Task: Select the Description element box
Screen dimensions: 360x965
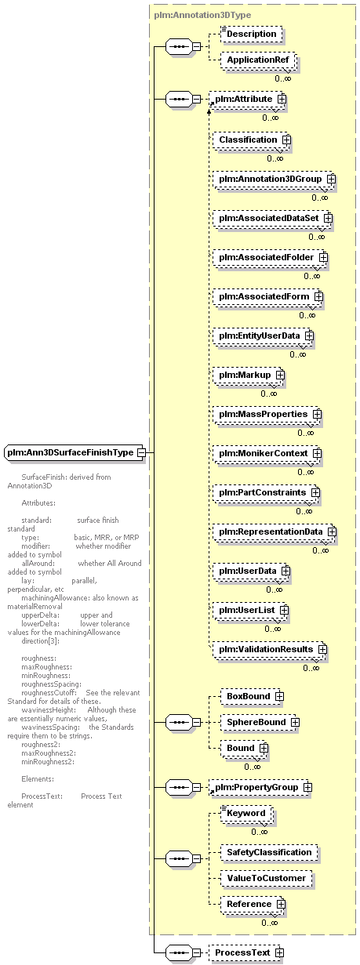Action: tap(252, 34)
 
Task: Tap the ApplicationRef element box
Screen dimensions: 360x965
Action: tap(258, 60)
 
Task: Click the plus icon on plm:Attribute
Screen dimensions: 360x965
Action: tap(282, 99)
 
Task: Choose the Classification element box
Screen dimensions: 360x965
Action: tap(250, 140)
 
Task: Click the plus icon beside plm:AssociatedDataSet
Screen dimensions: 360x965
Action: tap(328, 219)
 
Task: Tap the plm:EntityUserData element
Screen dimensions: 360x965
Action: tap(262, 336)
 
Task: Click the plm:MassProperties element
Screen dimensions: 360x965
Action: tap(266, 415)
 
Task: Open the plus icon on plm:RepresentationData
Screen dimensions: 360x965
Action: tap(332, 532)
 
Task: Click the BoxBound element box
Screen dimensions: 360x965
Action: tap(251, 697)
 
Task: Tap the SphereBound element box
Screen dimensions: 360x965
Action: tap(259, 723)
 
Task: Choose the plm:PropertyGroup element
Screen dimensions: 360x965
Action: tap(259, 788)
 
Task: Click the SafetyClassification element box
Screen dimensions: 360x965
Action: tap(269, 853)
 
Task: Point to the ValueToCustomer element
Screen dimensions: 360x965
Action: tap(266, 879)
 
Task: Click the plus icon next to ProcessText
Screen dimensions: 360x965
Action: tap(279, 953)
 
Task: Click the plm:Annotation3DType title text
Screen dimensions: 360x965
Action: tap(202, 15)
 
